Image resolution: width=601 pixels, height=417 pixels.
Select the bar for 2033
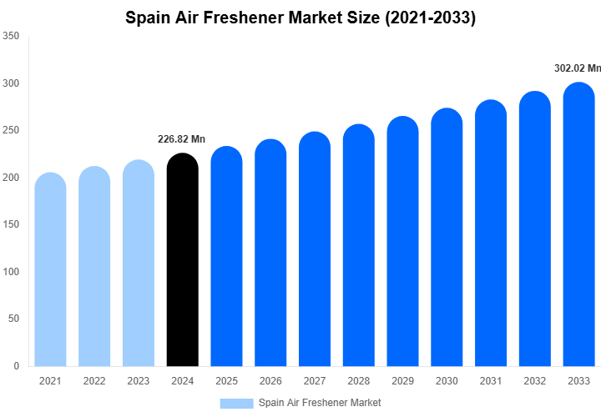[579, 225]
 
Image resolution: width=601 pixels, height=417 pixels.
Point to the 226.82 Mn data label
[181, 139]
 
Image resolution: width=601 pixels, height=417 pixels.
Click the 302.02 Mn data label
[578, 68]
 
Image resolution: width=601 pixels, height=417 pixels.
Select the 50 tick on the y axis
[13, 319]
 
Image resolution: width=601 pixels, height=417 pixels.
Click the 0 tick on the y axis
[17, 366]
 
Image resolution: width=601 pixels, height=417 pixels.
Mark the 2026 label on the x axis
[270, 381]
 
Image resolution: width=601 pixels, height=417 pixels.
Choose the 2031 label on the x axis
[491, 381]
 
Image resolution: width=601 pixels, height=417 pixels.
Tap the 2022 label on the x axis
[94, 381]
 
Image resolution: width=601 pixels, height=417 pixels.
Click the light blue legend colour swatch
[236, 403]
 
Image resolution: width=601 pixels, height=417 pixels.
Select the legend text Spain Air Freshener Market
[320, 403]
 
